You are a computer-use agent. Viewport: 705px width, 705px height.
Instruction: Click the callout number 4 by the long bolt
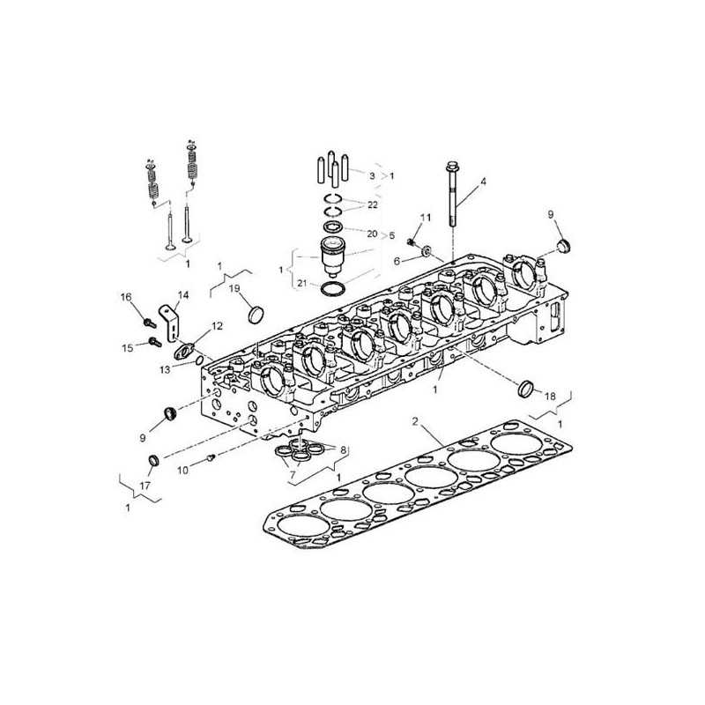(x=483, y=182)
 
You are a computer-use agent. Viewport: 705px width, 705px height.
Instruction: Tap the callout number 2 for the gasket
(x=415, y=421)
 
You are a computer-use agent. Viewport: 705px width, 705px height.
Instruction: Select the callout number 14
(x=183, y=295)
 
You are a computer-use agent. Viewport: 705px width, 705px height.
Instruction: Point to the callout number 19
(x=234, y=288)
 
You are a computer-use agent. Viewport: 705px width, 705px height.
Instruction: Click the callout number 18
(x=550, y=396)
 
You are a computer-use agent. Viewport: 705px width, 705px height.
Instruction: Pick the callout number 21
(x=302, y=283)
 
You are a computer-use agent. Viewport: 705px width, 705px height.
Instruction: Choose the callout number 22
(x=373, y=204)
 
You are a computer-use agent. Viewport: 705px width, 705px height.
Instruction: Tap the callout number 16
(x=126, y=297)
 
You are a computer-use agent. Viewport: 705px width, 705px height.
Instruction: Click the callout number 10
(x=182, y=471)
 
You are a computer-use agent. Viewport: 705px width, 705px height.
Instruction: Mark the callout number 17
(x=145, y=486)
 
